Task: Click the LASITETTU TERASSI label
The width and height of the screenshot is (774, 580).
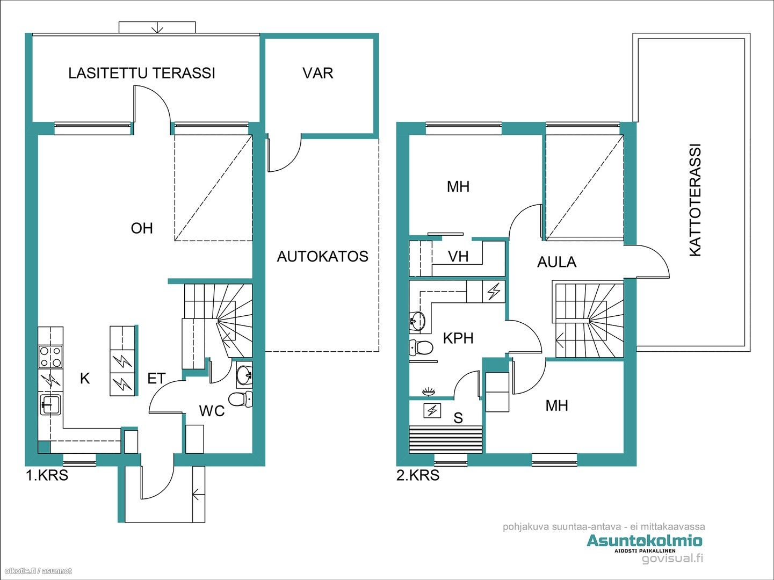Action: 141,73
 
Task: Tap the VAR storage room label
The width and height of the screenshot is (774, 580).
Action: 317,73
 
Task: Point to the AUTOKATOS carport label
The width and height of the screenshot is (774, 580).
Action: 323,256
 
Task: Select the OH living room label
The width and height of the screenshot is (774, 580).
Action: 142,228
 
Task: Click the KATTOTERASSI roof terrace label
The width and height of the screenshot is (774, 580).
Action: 695,200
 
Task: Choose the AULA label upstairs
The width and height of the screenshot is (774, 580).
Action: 557,262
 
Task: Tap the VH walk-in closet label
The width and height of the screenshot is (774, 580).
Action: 458,256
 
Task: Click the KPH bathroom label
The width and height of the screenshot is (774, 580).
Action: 458,338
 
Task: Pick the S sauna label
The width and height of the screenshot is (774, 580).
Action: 458,418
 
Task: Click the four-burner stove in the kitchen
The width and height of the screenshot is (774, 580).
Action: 50,357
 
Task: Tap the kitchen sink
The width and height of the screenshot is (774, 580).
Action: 51,404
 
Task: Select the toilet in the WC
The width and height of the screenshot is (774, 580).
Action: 241,399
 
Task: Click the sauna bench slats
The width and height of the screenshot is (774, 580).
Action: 445,439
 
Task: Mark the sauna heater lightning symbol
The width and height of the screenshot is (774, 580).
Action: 432,410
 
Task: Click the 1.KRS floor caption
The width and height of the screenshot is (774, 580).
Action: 47,475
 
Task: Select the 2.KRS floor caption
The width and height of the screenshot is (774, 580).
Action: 418,475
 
